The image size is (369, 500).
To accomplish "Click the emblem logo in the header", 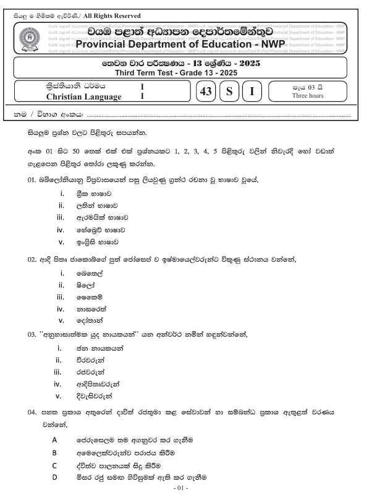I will (32, 39).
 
